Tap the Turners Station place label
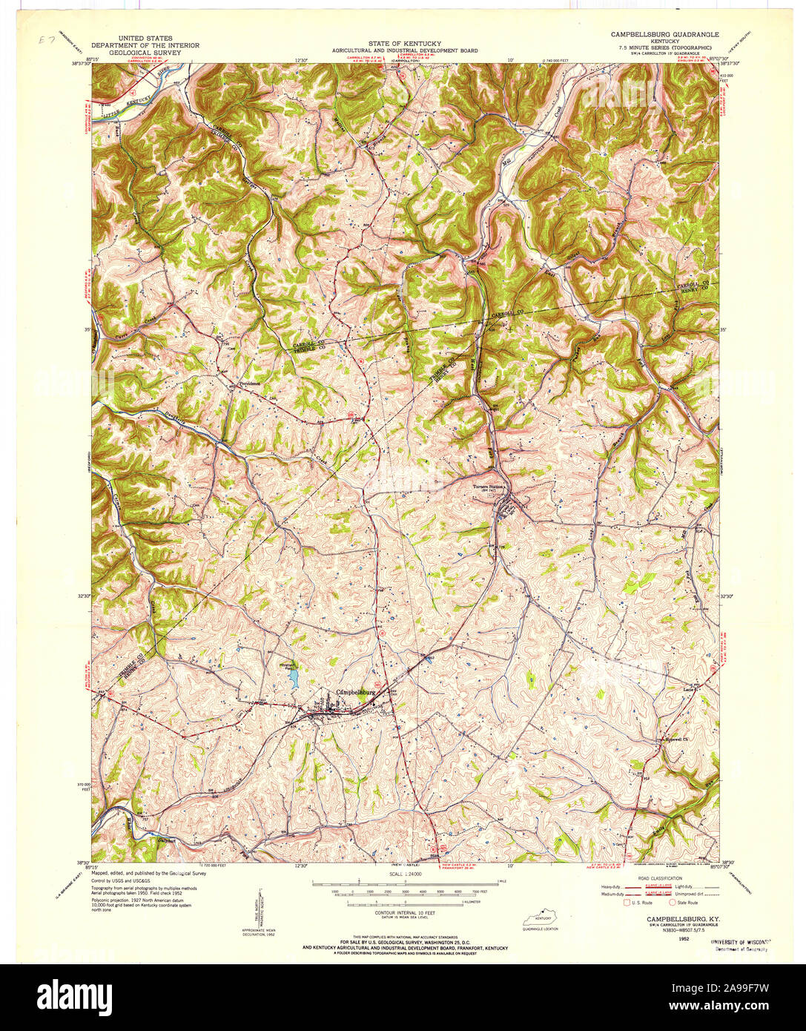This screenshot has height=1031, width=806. pyautogui.click(x=489, y=487)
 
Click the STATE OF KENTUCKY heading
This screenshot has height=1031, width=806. pyautogui.click(x=404, y=44)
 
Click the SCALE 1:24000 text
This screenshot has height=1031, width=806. pyautogui.click(x=404, y=876)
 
